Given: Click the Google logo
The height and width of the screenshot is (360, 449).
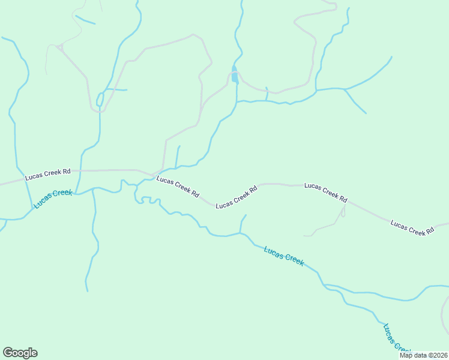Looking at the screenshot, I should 20,353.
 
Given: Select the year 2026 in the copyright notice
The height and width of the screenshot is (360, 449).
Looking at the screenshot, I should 439,355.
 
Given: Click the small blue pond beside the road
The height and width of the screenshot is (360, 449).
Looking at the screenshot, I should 235,77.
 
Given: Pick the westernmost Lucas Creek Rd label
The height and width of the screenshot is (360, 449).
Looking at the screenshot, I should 48,175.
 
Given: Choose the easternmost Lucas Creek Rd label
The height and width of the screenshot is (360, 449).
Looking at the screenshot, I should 412,227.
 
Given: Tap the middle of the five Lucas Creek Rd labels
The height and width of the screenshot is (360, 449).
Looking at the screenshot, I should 237,197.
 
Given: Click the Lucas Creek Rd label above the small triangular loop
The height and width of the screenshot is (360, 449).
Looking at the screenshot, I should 325,192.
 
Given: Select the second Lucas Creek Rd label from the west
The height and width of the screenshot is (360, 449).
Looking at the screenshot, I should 178,187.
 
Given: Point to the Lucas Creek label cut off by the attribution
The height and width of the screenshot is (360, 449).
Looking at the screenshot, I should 396,340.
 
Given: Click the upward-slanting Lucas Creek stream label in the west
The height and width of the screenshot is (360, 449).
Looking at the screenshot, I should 53,199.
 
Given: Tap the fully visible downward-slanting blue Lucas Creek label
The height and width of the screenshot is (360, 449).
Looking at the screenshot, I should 284,256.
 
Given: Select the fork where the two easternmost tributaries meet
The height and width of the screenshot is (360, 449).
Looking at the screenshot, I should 345,89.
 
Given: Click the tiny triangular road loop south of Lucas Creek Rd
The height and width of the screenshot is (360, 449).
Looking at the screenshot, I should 343,211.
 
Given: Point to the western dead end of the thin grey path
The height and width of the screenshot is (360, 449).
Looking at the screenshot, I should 305,236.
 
